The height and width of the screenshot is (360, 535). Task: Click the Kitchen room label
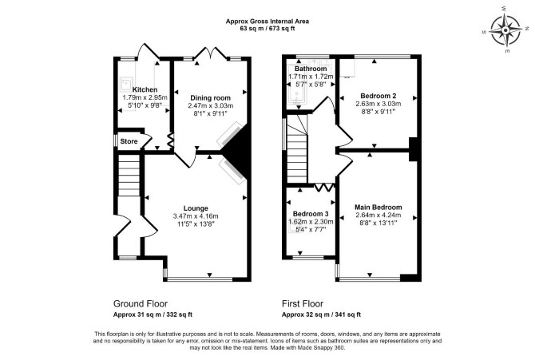pyautogui.click(x=145, y=89)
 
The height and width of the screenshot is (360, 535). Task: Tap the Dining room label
pyautogui.click(x=210, y=98)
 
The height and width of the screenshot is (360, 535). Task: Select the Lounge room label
pyautogui.click(x=196, y=208)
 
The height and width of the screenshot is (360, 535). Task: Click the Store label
pyautogui.click(x=129, y=141)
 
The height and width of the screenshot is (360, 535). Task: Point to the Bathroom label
pyautogui.click(x=311, y=69)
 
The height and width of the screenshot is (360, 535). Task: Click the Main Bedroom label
pyautogui.click(x=378, y=207)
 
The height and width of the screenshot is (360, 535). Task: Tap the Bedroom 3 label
pyautogui.click(x=311, y=214)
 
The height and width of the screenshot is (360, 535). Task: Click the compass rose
pyautogui.click(x=505, y=30)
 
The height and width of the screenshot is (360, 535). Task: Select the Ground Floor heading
pyautogui.click(x=141, y=303)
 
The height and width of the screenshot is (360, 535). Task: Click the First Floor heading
pyautogui.click(x=303, y=303)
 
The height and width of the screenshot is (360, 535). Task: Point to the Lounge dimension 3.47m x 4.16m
pyautogui.click(x=196, y=216)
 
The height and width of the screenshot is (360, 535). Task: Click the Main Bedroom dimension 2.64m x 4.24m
pyautogui.click(x=378, y=215)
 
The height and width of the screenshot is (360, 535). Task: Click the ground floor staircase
pyautogui.click(x=129, y=176)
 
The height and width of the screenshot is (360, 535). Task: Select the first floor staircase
pyautogui.click(x=297, y=150)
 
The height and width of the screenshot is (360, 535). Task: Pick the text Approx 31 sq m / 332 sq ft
pyautogui.click(x=153, y=315)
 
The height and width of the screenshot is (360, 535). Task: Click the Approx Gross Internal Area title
pyautogui.click(x=267, y=22)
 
